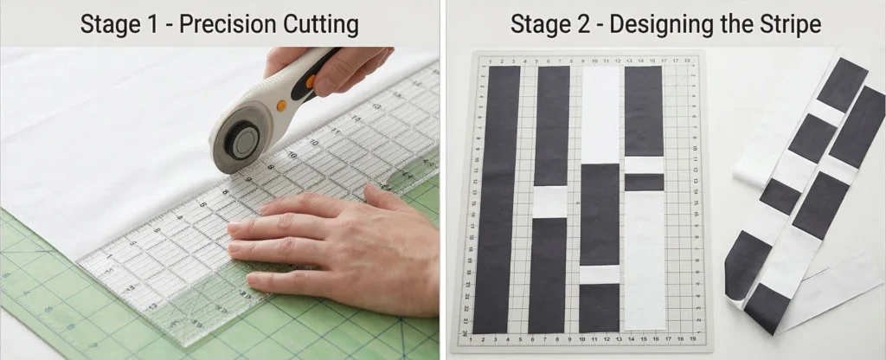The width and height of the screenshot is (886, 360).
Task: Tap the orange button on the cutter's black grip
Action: pos(311,81)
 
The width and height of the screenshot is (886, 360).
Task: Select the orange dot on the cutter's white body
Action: pos(281,106)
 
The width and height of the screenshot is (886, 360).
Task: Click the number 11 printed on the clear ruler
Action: pos(336,132)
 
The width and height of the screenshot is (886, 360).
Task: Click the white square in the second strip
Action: pos(549,202)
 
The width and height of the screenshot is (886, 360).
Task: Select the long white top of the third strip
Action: pos(601,115)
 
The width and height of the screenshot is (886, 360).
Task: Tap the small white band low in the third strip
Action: pos(600,274)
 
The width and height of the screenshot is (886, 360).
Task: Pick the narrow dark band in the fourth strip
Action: pos(644,183)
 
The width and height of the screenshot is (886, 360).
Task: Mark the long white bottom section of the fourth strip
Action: pos(645,260)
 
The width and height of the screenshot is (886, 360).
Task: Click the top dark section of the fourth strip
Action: pos(644,112)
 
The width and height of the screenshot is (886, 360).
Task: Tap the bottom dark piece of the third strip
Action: pos(600,309)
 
